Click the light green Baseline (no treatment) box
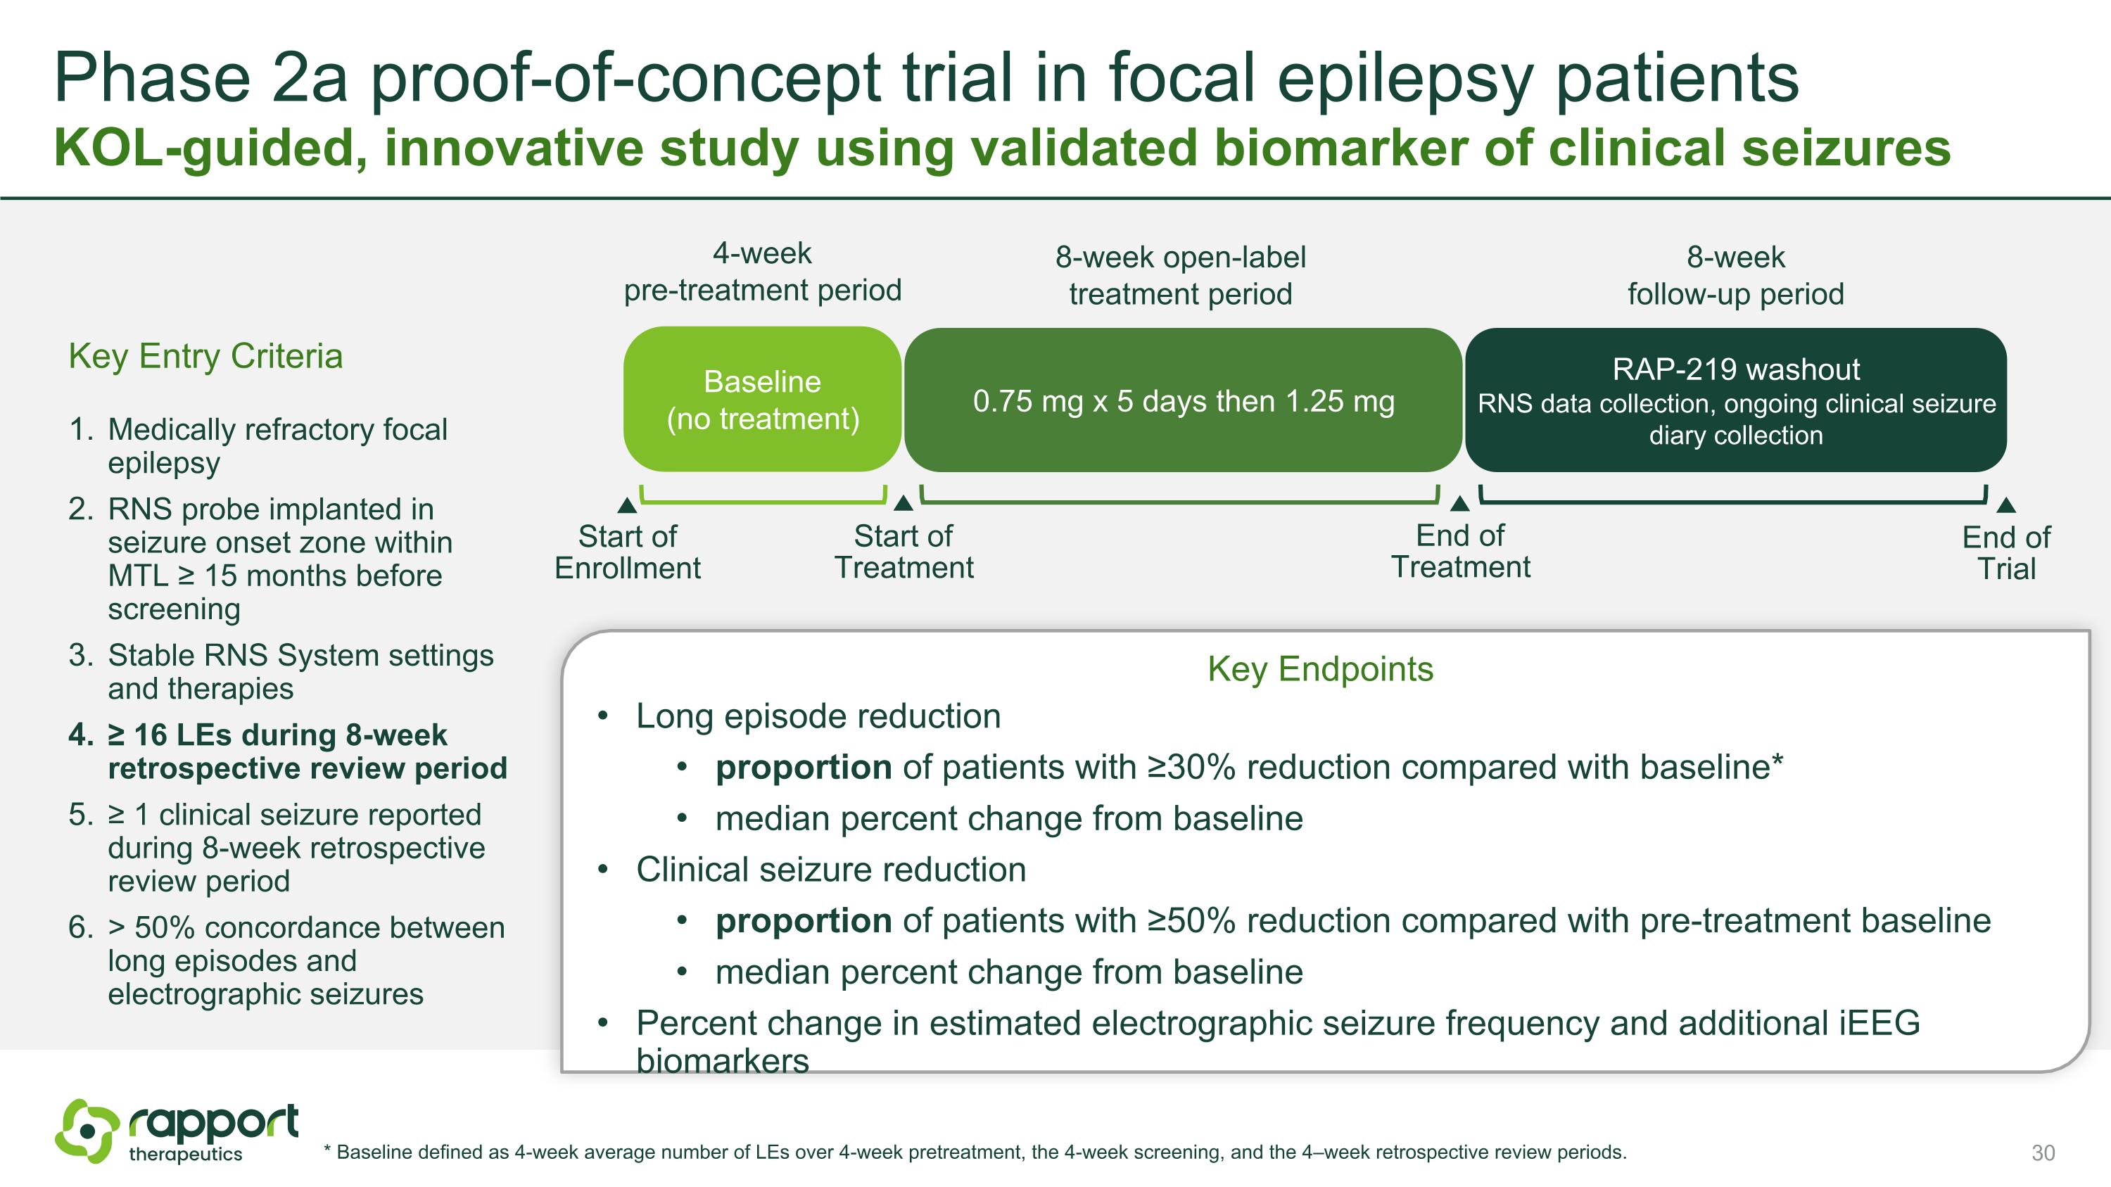(x=762, y=400)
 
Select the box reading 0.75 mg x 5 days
(x=1183, y=400)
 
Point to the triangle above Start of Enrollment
(x=627, y=504)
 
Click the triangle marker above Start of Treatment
(x=903, y=503)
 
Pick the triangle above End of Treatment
(x=1459, y=503)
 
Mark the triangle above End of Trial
(x=2006, y=504)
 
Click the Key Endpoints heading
(x=1320, y=669)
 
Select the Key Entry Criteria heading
(x=205, y=356)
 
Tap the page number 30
(x=2043, y=1153)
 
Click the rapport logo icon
(x=86, y=1131)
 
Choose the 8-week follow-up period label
(x=1735, y=275)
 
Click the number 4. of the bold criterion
(x=81, y=735)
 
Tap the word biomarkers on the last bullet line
(x=722, y=1062)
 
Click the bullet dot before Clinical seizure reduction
(x=603, y=870)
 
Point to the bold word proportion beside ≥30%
(x=803, y=768)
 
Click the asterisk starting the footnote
(x=327, y=1151)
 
